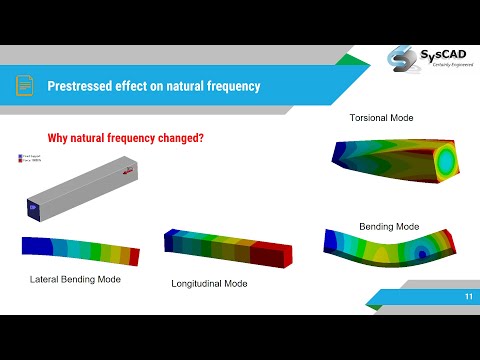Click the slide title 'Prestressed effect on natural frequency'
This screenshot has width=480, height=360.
click(x=153, y=87)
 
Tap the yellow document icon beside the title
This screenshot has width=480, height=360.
click(x=23, y=87)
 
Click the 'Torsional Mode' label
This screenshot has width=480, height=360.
click(x=380, y=118)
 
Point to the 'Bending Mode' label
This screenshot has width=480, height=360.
click(x=388, y=226)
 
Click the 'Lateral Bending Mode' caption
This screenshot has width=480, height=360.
click(x=76, y=279)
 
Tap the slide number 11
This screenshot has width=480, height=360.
click(x=468, y=297)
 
